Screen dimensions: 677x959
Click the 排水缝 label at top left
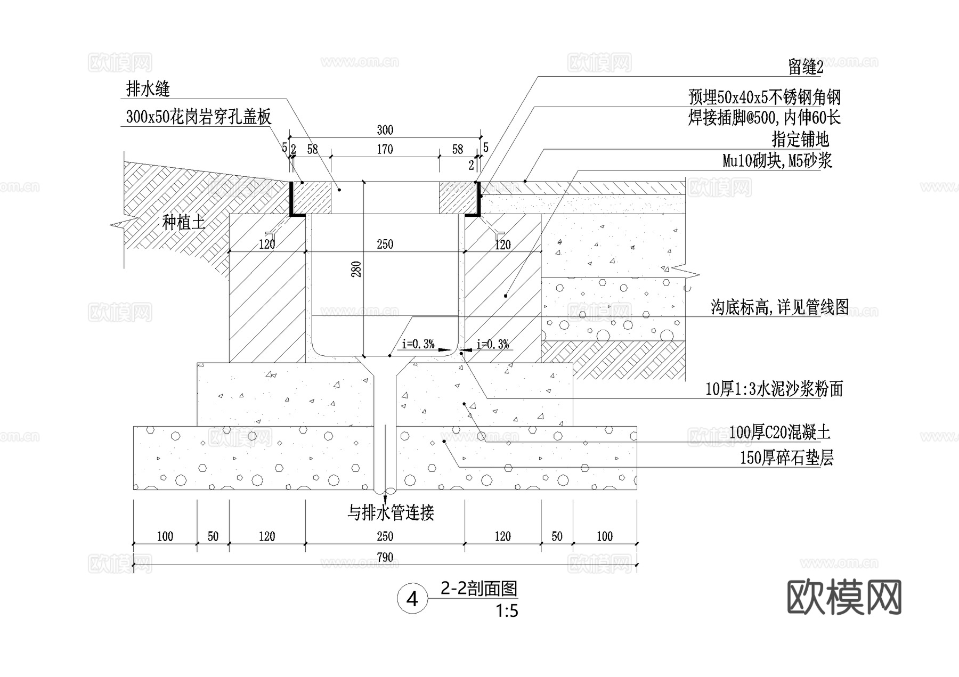148,89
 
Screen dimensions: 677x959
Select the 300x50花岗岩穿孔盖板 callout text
198,117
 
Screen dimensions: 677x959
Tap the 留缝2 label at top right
806,67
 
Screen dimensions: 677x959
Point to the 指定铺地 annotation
800,140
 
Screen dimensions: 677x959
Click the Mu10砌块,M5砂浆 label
777,160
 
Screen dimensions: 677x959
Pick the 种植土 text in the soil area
183,222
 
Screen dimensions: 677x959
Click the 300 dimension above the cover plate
385,130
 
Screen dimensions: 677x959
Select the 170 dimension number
385,149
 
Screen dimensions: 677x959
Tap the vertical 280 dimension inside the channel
356,268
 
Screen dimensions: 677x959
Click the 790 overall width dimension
385,557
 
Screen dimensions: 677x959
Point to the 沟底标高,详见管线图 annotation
779,307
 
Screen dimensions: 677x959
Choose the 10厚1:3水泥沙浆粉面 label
774,389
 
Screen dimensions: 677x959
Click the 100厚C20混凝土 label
779,432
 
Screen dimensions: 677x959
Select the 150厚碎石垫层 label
786,458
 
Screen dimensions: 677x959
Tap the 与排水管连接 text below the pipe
391,513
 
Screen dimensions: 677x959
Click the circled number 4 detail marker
412,599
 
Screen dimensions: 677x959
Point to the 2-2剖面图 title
479,589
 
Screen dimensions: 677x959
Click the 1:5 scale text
507,610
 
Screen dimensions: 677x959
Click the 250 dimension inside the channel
385,244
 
